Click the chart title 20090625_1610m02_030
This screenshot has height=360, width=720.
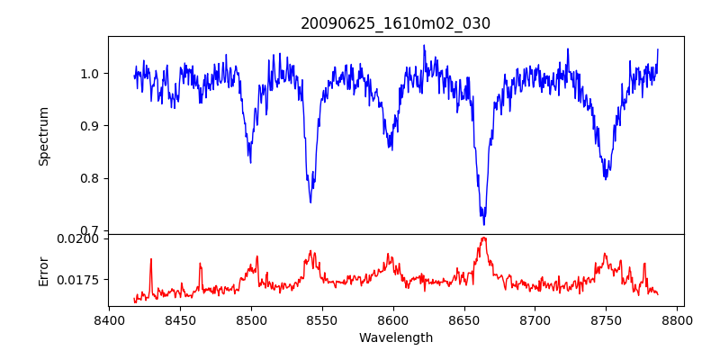point(395,23)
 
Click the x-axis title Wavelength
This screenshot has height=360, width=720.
point(395,337)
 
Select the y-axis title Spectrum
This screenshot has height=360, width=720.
point(43,136)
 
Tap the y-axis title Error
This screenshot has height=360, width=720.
point(43,270)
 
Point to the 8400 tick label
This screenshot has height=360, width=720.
point(109,319)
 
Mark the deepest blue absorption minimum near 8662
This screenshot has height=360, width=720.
point(484,224)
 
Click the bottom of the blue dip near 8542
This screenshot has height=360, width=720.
point(310,202)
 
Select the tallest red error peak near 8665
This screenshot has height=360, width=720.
point(484,238)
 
